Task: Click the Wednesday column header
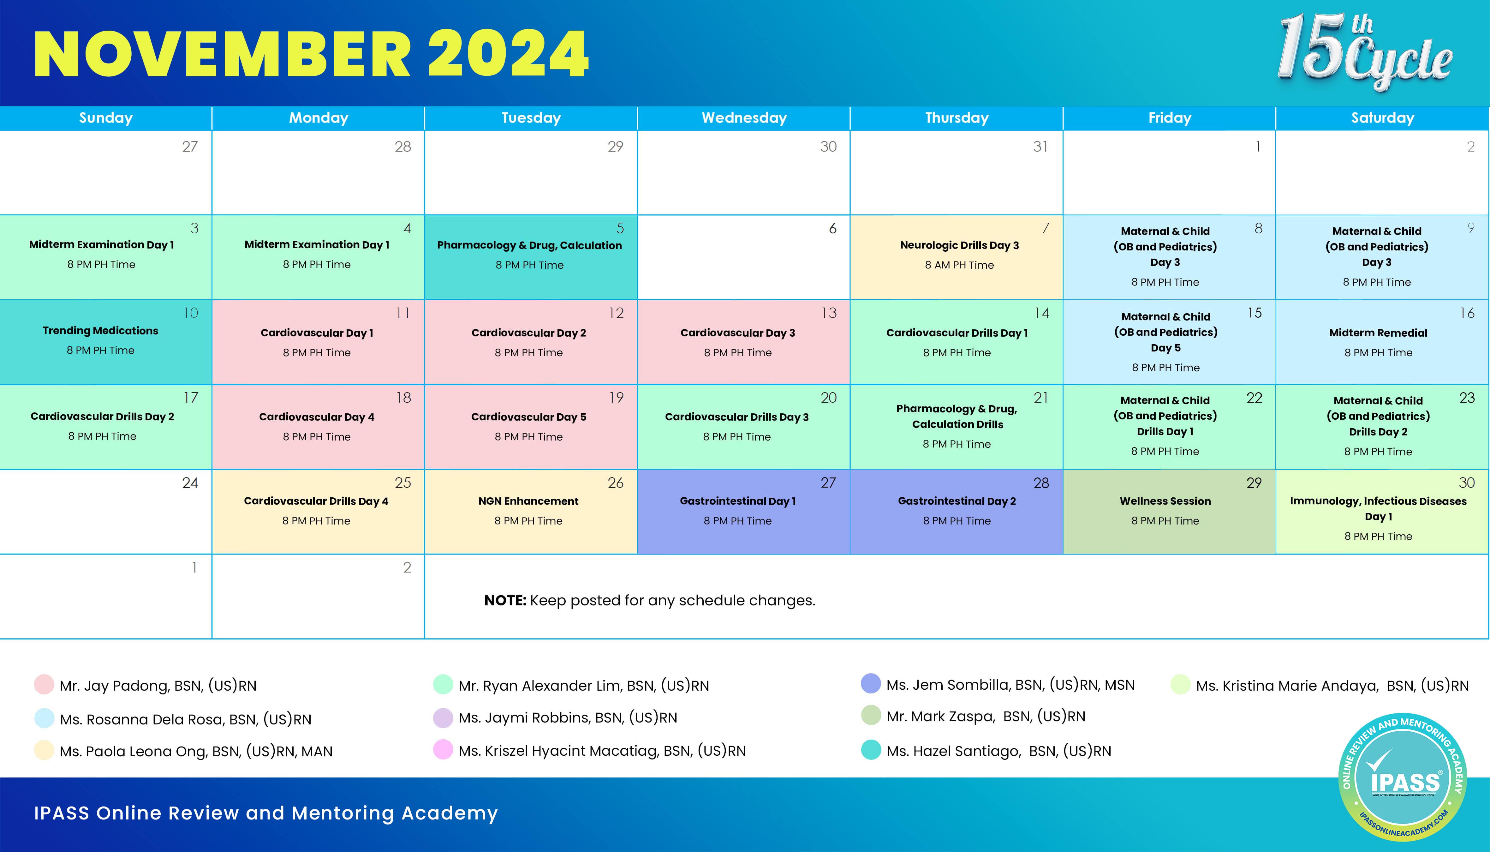[744, 117]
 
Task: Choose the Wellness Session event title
[1165, 501]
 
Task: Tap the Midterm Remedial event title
[1378, 333]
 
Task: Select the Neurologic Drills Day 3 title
[959, 245]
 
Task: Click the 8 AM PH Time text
[959, 265]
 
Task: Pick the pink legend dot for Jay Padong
[45, 684]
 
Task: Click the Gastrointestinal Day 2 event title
[957, 501]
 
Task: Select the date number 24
[190, 483]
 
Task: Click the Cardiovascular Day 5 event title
[529, 417]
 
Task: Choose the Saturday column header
[1382, 117]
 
